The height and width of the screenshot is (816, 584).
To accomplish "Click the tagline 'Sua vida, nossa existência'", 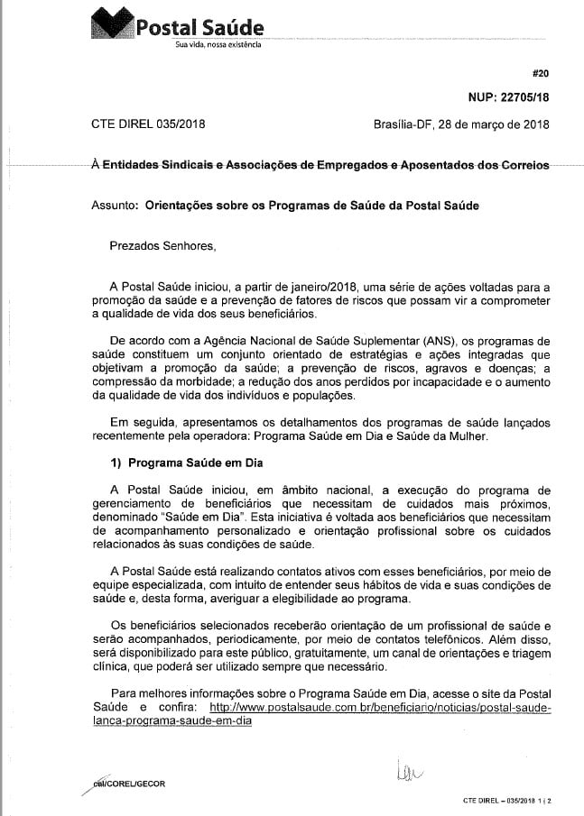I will (218, 45).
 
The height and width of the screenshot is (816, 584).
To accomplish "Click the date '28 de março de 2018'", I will (493, 124).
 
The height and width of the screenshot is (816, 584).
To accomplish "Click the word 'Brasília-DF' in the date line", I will (403, 124).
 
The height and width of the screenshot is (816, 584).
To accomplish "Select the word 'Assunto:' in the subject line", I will (114, 205).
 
